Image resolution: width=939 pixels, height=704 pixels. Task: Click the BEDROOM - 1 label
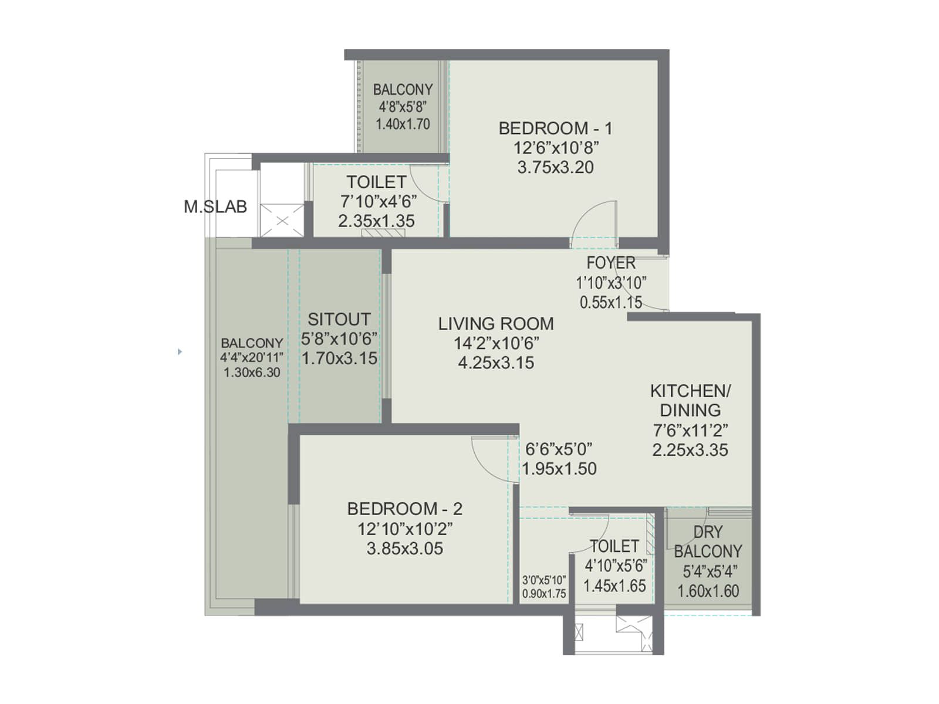pyautogui.click(x=555, y=128)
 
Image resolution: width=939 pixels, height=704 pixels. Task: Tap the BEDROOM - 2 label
pyautogui.click(x=405, y=509)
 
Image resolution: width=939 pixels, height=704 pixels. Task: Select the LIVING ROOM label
pyautogui.click(x=496, y=324)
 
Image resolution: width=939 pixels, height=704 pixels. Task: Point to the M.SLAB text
pyautogui.click(x=215, y=207)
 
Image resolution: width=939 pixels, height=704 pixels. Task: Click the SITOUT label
pyautogui.click(x=339, y=319)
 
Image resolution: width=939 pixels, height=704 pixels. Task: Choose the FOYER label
pyautogui.click(x=611, y=263)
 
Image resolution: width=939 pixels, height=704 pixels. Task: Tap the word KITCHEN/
pyautogui.click(x=690, y=391)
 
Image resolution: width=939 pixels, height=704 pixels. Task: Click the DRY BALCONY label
pyautogui.click(x=708, y=541)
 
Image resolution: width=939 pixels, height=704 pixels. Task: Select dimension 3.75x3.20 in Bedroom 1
pyautogui.click(x=555, y=167)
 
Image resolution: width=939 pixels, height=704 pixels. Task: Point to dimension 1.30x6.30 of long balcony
pyautogui.click(x=252, y=373)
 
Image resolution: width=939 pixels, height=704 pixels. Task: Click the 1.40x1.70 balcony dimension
pyautogui.click(x=403, y=124)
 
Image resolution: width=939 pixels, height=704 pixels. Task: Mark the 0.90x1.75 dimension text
pyautogui.click(x=544, y=594)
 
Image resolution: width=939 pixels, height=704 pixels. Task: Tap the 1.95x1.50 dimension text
pyautogui.click(x=559, y=469)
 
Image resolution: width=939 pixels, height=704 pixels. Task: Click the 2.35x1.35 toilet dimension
pyautogui.click(x=376, y=221)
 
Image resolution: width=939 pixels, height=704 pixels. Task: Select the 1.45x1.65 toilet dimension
pyautogui.click(x=614, y=586)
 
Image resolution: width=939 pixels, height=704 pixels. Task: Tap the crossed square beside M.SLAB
pyautogui.click(x=282, y=221)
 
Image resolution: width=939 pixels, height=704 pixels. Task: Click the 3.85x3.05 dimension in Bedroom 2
pyautogui.click(x=405, y=549)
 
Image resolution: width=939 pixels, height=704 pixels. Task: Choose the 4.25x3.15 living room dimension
pyautogui.click(x=496, y=363)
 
